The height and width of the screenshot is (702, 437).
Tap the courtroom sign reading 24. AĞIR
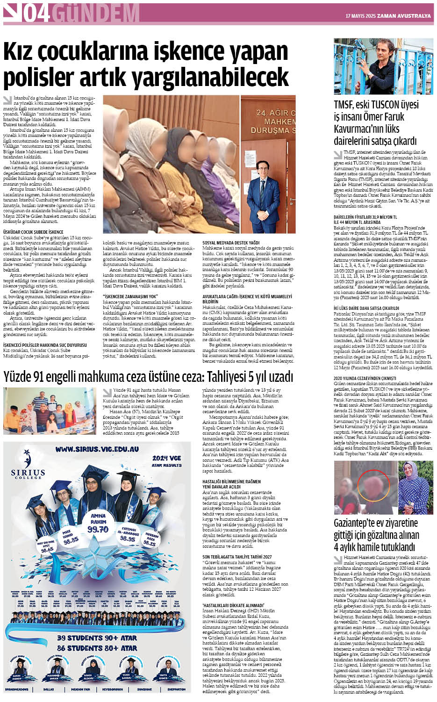(276, 113)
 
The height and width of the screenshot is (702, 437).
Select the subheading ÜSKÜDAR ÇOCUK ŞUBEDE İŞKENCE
(33, 232)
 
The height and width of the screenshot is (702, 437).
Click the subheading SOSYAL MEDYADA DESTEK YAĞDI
(230, 243)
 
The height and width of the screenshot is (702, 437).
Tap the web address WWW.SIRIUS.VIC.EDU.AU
(97, 449)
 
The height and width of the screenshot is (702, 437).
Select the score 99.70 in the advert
(98, 529)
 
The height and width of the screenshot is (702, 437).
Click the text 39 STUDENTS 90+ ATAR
(97, 638)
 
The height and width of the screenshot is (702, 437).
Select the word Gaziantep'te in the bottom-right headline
(360, 523)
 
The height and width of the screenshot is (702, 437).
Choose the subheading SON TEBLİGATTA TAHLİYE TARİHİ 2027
(237, 557)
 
